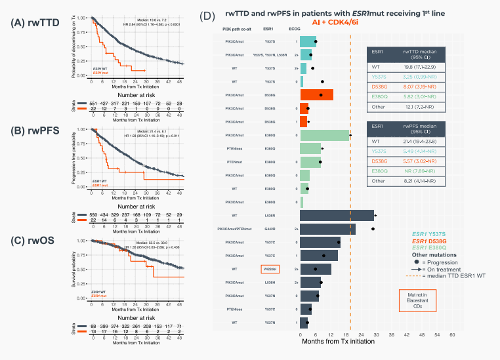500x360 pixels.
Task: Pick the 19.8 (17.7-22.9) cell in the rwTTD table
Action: pyautogui.click(x=425, y=66)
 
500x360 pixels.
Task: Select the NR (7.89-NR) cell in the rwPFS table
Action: pyautogui.click(x=425, y=169)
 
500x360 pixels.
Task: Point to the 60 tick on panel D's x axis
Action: pyautogui.click(x=452, y=334)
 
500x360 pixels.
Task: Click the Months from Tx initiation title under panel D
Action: pyautogui.click(x=341, y=342)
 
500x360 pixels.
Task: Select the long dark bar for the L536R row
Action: pyautogui.click(x=337, y=215)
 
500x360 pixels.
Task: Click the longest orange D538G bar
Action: pyautogui.click(x=317, y=94)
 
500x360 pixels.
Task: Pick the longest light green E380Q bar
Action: pyautogui.click(x=324, y=135)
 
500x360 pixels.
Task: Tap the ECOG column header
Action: pyautogui.click(x=296, y=30)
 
